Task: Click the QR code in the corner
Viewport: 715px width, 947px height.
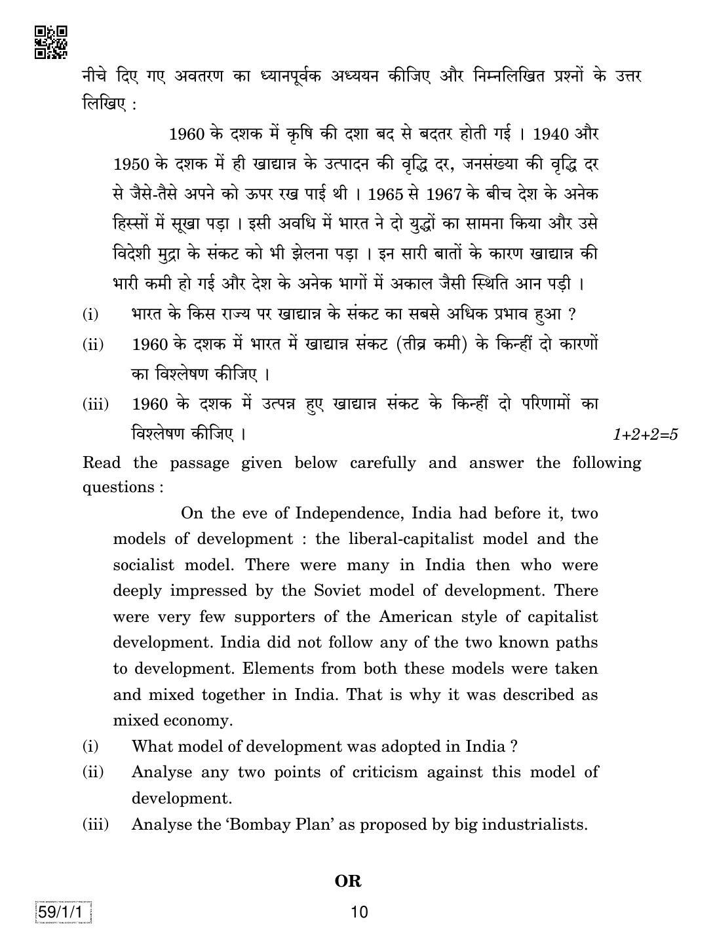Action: [51, 42]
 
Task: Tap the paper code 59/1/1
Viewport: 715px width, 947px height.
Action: [63, 912]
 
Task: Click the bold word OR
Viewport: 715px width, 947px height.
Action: [348, 881]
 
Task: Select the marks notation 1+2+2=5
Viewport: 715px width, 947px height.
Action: [646, 435]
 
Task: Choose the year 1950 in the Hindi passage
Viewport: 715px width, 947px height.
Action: [131, 164]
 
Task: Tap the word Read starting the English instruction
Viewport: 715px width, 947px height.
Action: [102, 463]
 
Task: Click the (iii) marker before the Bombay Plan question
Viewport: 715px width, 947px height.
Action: [96, 824]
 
